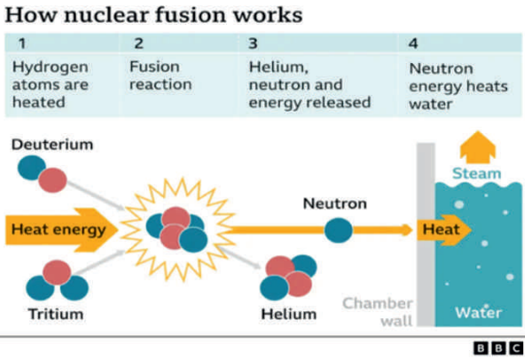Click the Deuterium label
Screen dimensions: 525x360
(52, 145)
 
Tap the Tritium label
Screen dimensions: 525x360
(56, 314)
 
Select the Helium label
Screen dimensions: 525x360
(288, 314)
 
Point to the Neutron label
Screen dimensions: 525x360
(335, 204)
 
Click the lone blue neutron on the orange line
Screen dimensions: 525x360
(339, 230)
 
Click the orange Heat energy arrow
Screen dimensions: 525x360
(61, 230)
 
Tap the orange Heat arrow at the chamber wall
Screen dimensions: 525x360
(444, 230)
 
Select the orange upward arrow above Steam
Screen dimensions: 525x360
(478, 147)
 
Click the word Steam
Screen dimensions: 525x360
(477, 174)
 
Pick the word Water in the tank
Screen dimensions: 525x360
(479, 313)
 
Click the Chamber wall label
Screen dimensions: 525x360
(378, 312)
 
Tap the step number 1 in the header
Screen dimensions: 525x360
(22, 43)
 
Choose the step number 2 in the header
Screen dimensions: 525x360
(138, 43)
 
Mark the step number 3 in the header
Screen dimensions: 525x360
(253, 43)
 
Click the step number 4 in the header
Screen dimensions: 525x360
(413, 43)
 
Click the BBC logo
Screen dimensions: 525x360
(498, 348)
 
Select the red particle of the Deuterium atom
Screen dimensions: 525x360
(52, 180)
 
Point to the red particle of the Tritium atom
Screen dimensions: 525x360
(57, 272)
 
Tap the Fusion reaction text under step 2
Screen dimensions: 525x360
(161, 75)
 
